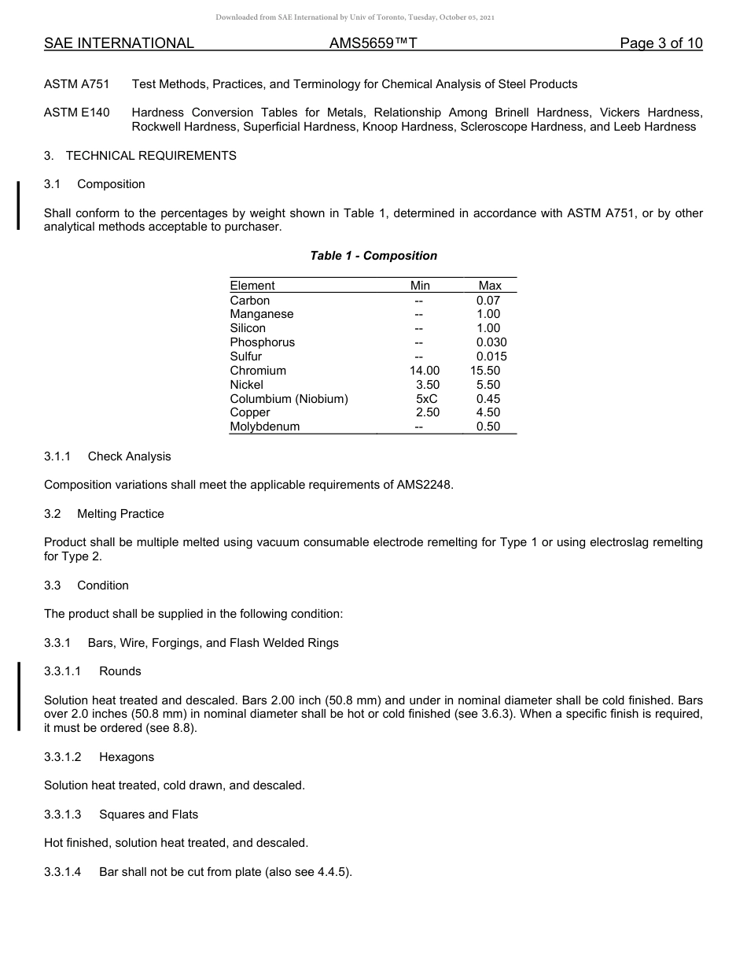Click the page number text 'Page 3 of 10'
coord(661,43)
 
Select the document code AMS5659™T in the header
coord(373,43)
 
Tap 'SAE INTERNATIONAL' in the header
coord(119,43)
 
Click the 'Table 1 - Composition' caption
coord(373,256)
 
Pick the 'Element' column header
coord(252,286)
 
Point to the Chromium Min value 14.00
coord(421,371)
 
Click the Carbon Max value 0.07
coord(488,301)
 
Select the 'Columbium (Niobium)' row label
coord(289,399)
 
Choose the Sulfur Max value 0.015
coord(491,357)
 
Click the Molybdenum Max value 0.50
coord(488,427)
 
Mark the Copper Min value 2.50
coord(427,412)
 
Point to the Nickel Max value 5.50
coord(488,385)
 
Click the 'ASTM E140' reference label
coord(77,113)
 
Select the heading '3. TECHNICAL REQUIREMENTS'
coord(140,156)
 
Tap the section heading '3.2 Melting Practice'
coord(104,514)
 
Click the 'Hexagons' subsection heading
coord(127,757)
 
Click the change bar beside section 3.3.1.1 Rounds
coord(19,697)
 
